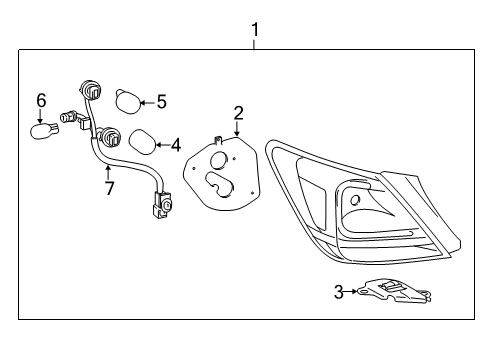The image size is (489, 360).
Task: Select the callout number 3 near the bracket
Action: coord(339,291)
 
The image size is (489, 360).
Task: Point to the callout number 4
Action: coord(175,145)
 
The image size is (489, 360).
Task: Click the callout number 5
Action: coord(161,101)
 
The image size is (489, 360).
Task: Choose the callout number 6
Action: coord(41,100)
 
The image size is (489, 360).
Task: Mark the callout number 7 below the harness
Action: coord(107,186)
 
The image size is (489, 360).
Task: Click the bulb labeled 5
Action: coord(125,101)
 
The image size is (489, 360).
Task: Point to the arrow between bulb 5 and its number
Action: coord(146,101)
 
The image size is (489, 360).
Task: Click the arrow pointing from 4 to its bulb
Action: coord(162,145)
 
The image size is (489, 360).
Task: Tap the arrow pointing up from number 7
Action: coord(107,170)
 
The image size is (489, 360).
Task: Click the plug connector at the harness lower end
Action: coord(159,208)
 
